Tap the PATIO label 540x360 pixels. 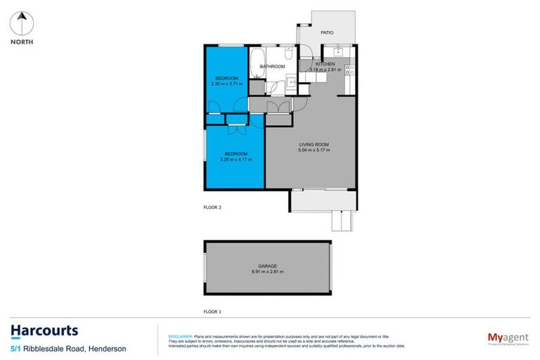pyautogui.click(x=327, y=32)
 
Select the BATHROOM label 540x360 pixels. pyautogui.click(x=273, y=67)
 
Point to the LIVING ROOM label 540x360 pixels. pyautogui.click(x=314, y=145)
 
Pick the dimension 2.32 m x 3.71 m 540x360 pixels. pyautogui.click(x=226, y=83)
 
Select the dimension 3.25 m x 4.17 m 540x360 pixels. pyautogui.click(x=236, y=160)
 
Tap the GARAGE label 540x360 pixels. pyautogui.click(x=266, y=266)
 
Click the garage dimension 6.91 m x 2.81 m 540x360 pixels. pyautogui.click(x=266, y=271)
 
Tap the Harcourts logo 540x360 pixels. pyautogui.click(x=44, y=330)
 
